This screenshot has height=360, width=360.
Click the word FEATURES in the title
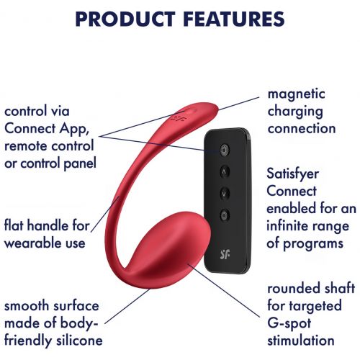click(x=235, y=19)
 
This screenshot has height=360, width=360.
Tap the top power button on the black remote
click(x=225, y=150)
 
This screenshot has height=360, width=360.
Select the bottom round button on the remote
click(x=224, y=215)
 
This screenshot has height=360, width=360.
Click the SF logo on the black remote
click(x=225, y=255)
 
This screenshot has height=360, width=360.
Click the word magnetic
click(x=297, y=94)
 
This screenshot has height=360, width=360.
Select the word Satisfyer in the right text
click(x=293, y=174)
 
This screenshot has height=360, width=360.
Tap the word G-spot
click(x=289, y=324)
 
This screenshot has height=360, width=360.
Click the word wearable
click(x=30, y=243)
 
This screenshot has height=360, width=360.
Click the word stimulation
click(x=301, y=341)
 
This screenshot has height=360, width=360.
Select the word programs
click(x=313, y=244)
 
